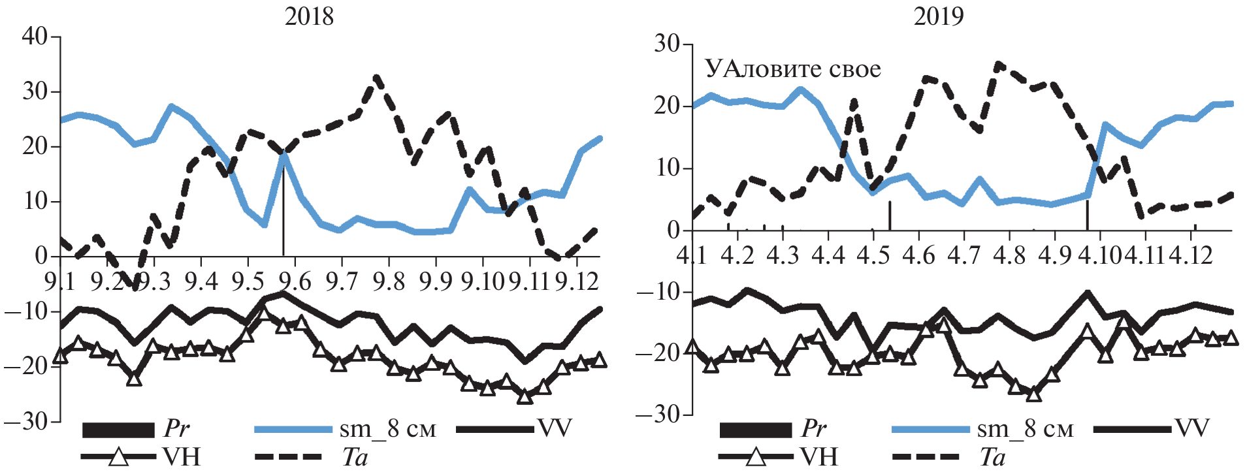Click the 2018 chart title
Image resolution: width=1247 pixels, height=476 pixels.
coord(309,16)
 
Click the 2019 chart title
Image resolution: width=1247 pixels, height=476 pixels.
coord(939,16)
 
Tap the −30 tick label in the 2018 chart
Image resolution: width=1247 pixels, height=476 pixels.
coord(26,422)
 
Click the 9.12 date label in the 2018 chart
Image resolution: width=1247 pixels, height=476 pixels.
coord(577,281)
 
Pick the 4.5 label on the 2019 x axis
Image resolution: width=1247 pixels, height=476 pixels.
coord(873,255)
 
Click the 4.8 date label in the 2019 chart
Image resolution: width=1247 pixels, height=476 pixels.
coord(1009,255)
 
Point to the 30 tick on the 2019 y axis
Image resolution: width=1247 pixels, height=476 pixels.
coord(666,44)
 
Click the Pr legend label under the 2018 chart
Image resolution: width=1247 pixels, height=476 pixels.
coord(176,429)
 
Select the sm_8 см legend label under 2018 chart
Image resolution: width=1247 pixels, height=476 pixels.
coord(387,429)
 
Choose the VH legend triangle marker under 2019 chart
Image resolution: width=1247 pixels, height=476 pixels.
coord(756,456)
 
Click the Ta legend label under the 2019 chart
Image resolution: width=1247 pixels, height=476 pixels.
coord(992,457)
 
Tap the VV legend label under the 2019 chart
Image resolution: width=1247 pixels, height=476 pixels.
coord(1193,428)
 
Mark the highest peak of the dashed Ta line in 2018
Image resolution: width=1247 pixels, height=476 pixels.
coord(377,77)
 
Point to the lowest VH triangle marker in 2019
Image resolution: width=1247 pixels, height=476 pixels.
coord(1033,394)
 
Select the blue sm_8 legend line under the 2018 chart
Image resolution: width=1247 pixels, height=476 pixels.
coord(293,430)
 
